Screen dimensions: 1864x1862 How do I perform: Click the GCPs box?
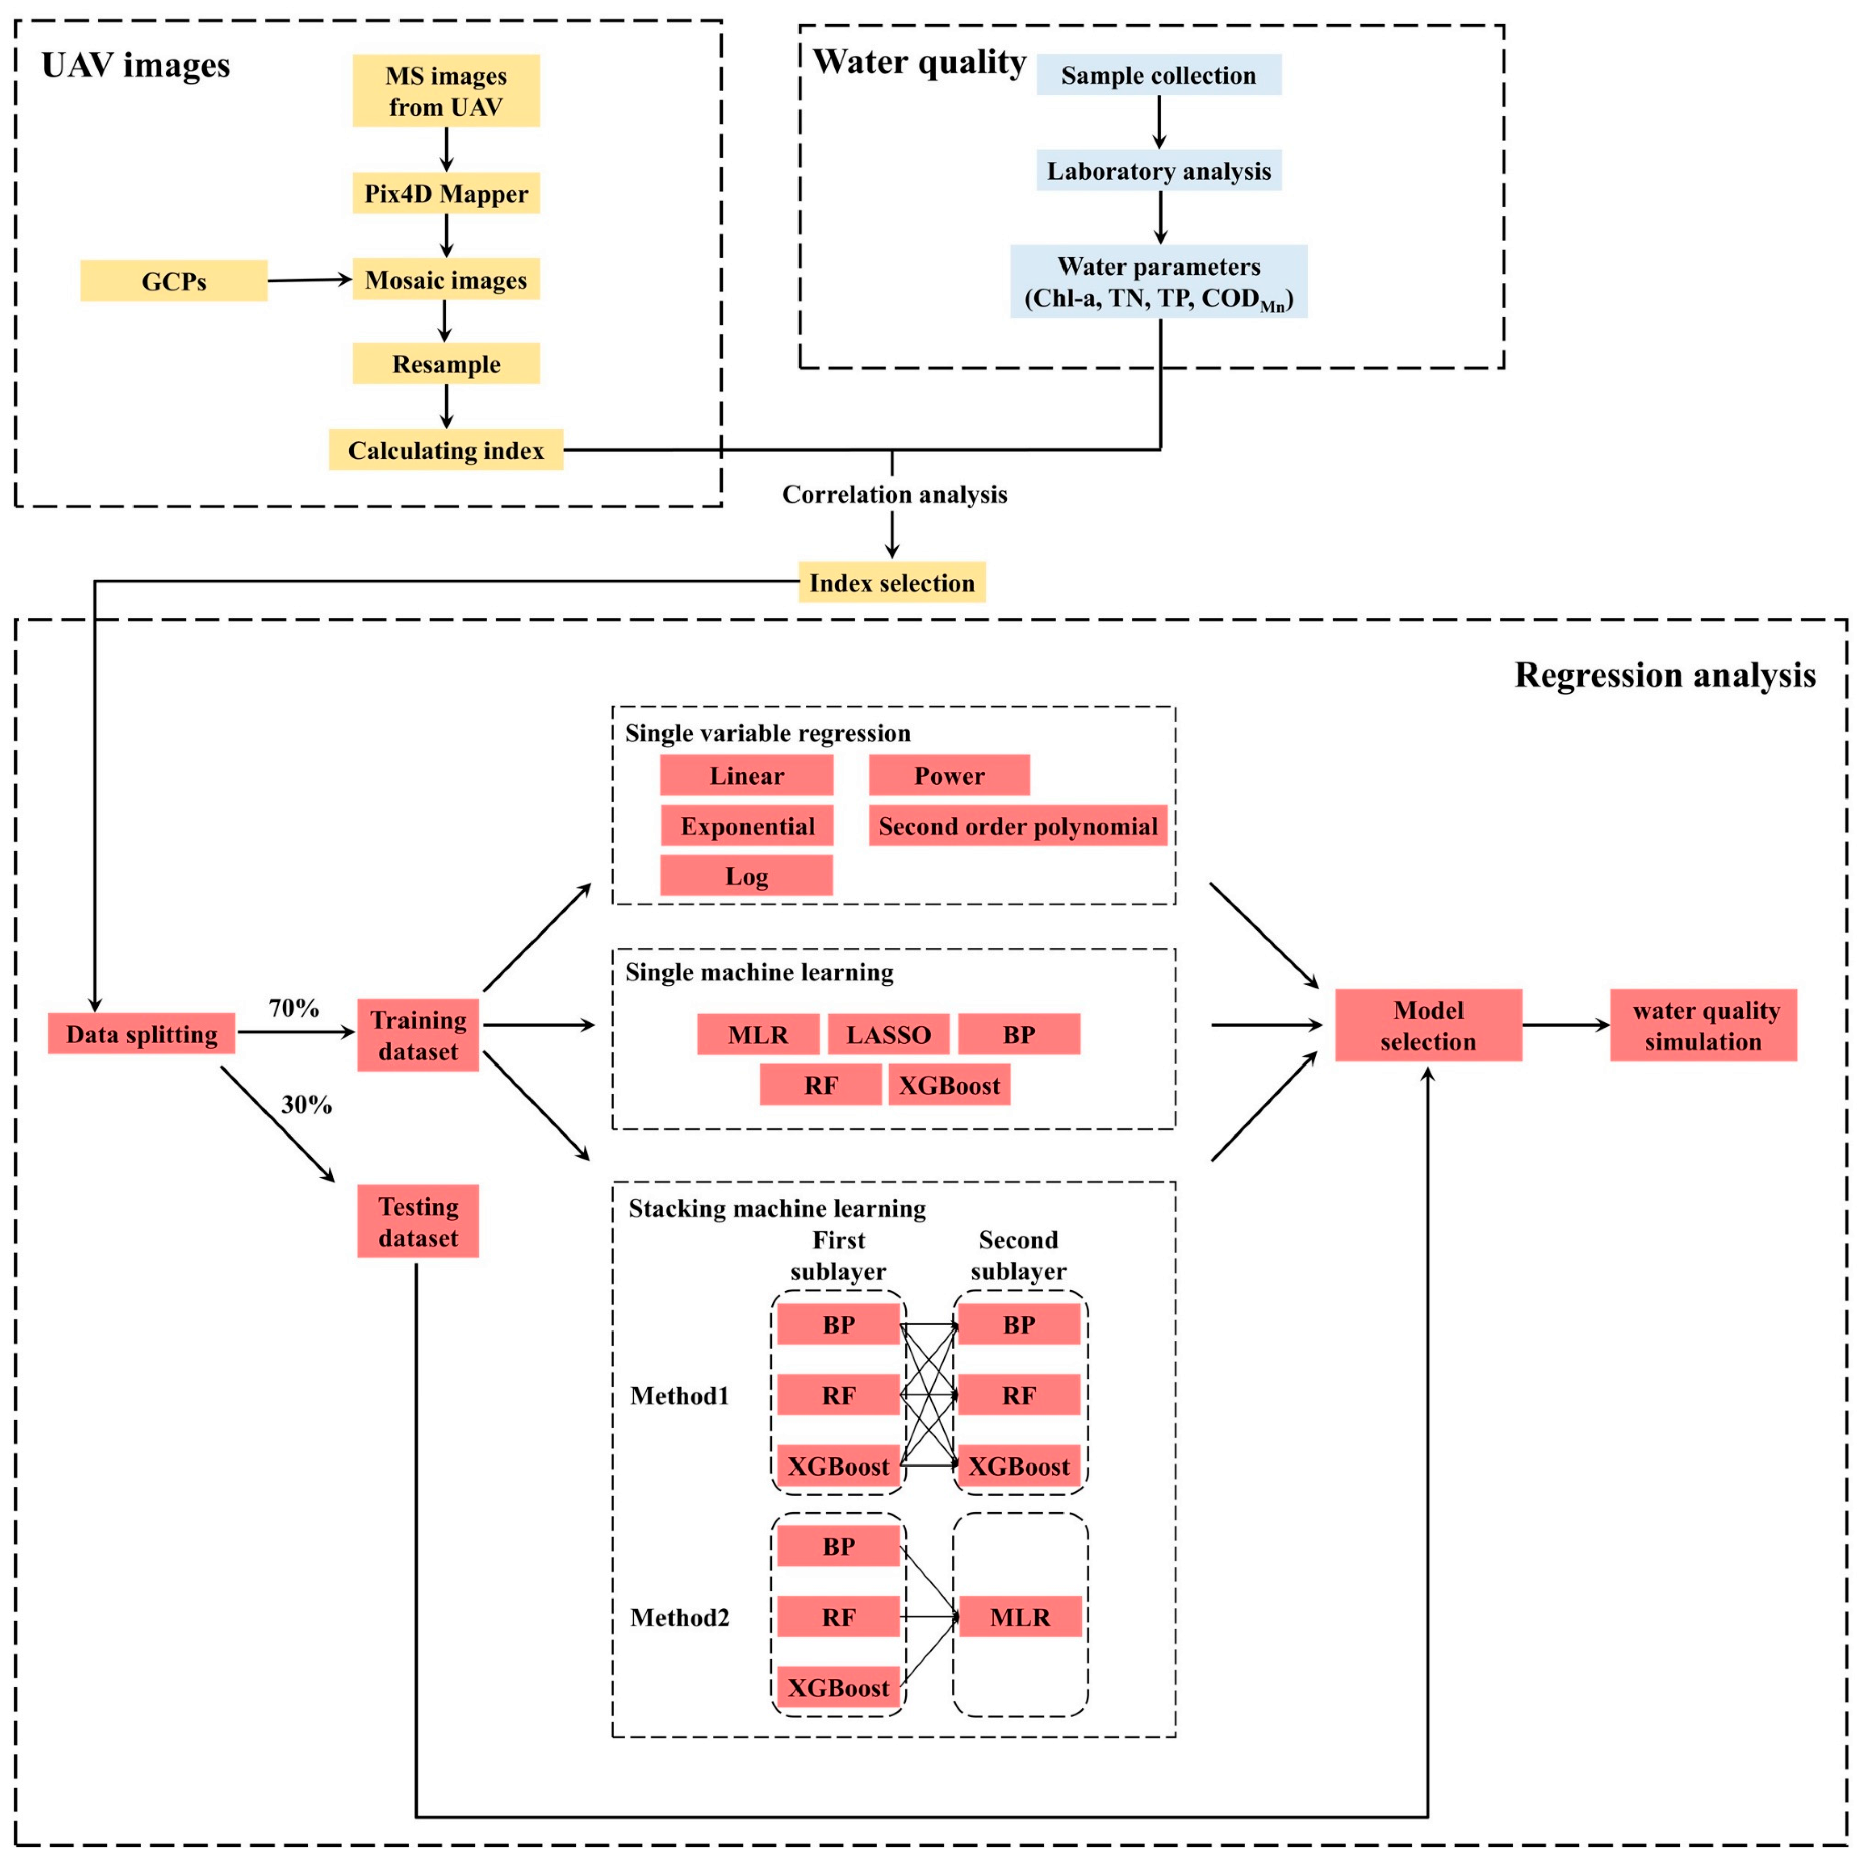coord(174,281)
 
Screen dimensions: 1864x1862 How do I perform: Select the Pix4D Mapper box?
coord(446,193)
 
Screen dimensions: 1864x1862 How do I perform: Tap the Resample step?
coord(446,364)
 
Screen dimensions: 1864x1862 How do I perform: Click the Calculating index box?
coord(446,450)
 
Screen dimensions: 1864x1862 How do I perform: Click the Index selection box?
coord(891,582)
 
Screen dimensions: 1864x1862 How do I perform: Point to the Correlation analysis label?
coord(894,494)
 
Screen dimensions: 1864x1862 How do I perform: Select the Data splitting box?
coord(142,1033)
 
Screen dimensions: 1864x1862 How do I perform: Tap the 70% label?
coord(293,1007)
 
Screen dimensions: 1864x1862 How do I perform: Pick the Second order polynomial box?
coord(1018,826)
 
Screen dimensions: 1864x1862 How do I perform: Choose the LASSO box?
coord(887,1034)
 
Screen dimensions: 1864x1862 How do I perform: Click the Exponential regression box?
coord(747,826)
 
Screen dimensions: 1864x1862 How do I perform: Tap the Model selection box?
coord(1428,1025)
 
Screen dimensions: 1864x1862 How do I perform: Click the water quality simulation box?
coord(1703,1025)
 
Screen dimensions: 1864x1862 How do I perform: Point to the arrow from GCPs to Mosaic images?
coord(309,280)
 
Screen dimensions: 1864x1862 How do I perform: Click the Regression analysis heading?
coord(1664,675)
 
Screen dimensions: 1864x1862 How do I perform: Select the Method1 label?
coord(679,1395)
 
